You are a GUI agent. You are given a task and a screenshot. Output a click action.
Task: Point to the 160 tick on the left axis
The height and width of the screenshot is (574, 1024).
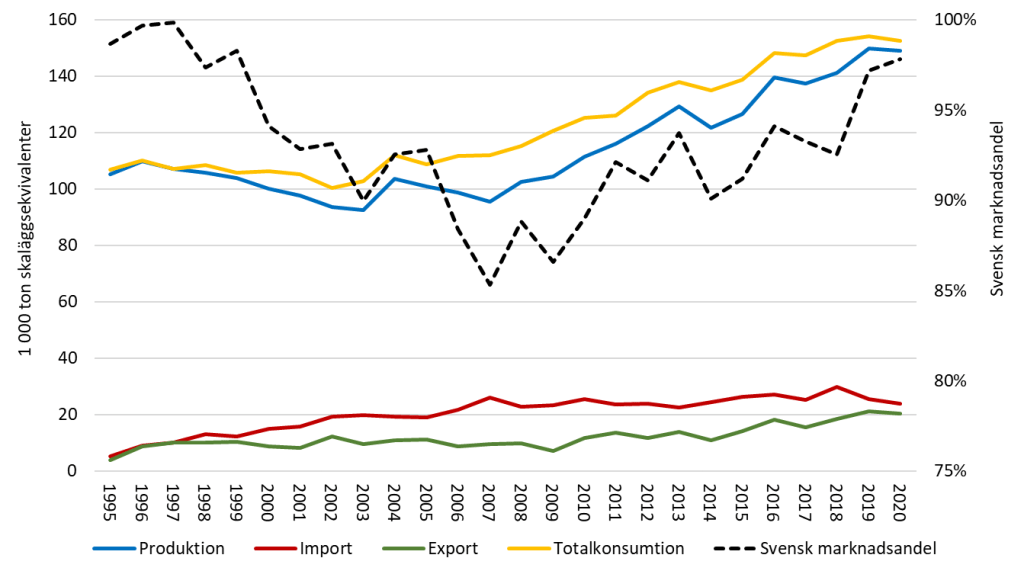77,20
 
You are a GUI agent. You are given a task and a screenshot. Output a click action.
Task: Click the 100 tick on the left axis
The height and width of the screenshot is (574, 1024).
77,189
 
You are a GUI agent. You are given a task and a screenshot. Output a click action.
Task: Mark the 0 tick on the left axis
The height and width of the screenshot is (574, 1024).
85,471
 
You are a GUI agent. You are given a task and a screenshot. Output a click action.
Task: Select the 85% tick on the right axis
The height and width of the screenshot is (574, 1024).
946,291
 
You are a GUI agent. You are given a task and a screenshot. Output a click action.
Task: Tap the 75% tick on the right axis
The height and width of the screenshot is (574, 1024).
946,471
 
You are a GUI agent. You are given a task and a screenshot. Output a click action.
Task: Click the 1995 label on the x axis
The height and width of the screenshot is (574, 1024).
110,498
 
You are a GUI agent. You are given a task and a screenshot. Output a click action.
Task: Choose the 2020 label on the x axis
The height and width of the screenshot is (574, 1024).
900,498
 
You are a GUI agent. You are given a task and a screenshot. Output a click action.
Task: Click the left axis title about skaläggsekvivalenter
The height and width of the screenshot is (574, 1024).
22,245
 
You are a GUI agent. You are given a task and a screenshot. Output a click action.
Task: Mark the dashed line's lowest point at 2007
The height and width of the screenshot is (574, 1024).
490,285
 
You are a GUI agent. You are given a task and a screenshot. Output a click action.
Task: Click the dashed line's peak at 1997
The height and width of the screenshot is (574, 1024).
174,22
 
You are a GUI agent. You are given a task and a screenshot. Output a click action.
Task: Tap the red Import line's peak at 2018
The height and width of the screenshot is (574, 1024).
836,387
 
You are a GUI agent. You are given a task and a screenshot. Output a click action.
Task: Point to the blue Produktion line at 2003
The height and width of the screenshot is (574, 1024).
363,210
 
